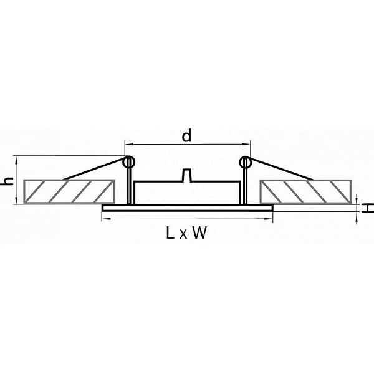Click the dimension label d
[x=186, y=136]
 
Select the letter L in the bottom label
[x=170, y=233]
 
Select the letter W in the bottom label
[x=199, y=233]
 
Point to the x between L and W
[x=183, y=235]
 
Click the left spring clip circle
[x=129, y=162]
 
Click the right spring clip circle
[x=246, y=162]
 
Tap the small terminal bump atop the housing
[x=187, y=175]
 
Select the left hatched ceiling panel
[x=69, y=192]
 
